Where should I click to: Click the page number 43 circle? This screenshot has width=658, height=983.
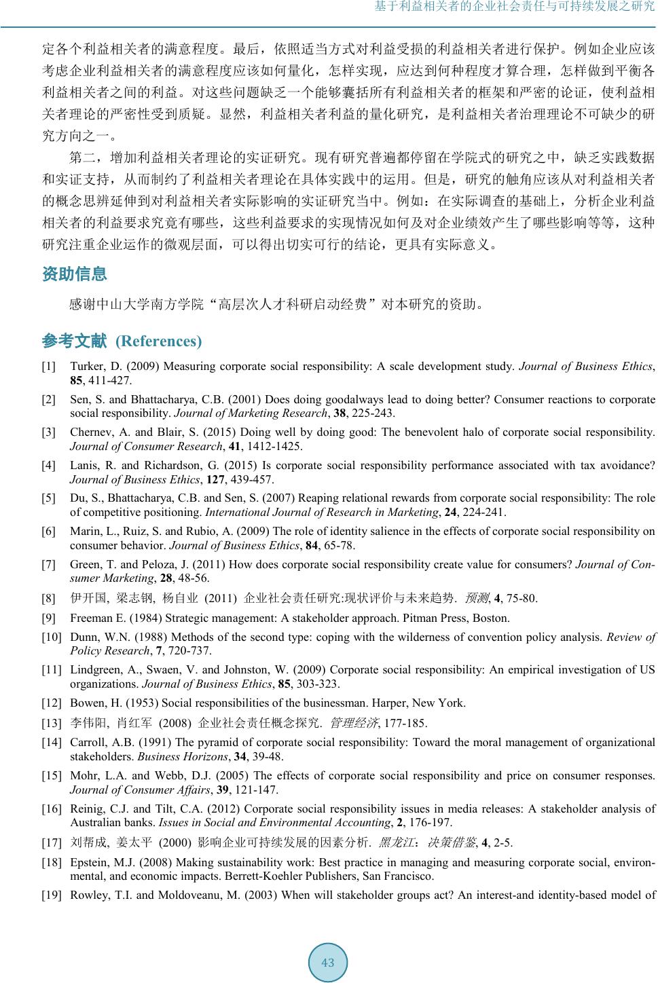click(328, 962)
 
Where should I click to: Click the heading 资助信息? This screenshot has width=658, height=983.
click(75, 274)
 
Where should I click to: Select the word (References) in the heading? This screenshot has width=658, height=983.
click(159, 341)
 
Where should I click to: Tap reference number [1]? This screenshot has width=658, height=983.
click(49, 367)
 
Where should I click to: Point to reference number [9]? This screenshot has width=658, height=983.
click(49, 618)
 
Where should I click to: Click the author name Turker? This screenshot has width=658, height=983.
click(86, 367)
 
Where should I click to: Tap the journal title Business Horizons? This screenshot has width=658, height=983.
click(183, 756)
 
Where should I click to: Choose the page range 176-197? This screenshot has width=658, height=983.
click(431, 822)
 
